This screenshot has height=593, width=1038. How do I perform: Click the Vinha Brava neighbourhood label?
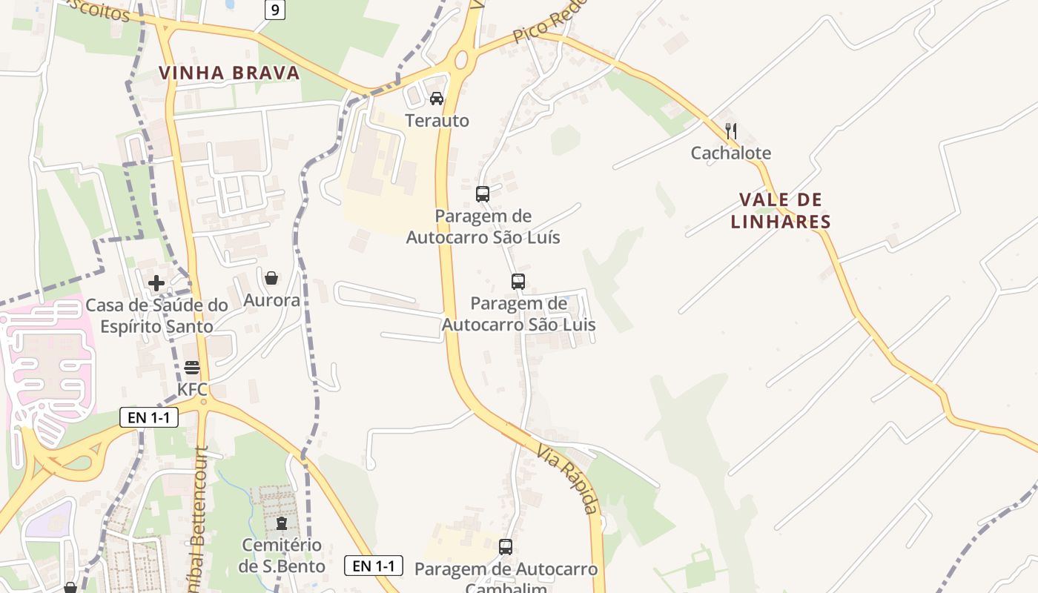point(229,73)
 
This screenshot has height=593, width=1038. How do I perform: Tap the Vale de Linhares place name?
point(781,211)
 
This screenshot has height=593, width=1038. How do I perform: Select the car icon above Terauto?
point(437,99)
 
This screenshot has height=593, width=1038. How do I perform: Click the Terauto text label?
point(437,120)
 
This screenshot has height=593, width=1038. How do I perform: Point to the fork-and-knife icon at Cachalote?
point(731,131)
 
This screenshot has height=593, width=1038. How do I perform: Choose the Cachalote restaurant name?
point(731,153)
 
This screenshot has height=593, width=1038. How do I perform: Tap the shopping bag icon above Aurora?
point(271,278)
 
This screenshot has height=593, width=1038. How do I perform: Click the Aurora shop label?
point(271,300)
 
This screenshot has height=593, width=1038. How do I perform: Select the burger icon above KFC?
point(192,368)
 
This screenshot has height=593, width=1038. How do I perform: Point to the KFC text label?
point(192,389)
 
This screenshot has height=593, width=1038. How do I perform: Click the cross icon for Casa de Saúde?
point(156,283)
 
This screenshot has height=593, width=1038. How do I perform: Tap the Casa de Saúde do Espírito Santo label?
point(156,316)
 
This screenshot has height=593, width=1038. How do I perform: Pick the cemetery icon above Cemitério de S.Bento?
point(281,524)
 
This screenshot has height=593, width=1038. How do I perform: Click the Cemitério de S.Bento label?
point(281,556)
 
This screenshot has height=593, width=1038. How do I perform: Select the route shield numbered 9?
point(275,10)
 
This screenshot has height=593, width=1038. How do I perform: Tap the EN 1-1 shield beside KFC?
point(149,417)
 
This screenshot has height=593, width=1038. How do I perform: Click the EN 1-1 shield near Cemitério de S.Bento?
point(374,566)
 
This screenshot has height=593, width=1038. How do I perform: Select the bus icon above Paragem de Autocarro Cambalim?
point(506,547)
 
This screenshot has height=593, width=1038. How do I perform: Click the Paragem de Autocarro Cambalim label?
point(506,577)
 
